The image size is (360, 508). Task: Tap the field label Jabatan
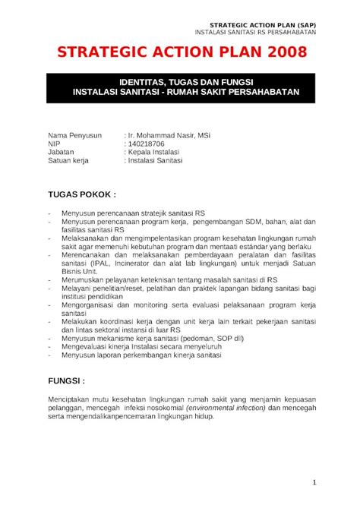(x=62, y=152)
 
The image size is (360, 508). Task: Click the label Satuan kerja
(x=68, y=160)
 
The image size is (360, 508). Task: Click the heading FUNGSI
(x=67, y=379)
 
